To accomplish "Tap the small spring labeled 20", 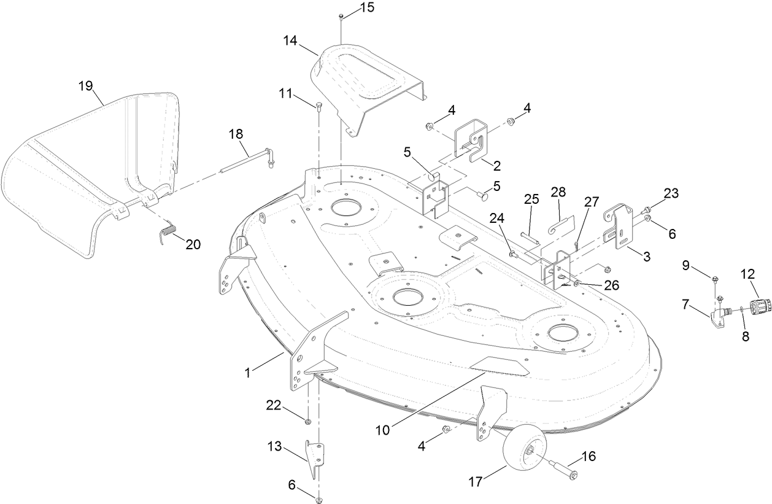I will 167,233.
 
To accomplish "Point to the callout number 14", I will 290,41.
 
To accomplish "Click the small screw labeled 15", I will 340,17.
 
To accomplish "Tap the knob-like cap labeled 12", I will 760,304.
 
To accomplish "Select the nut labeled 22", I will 308,421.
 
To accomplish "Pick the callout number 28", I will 558,192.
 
